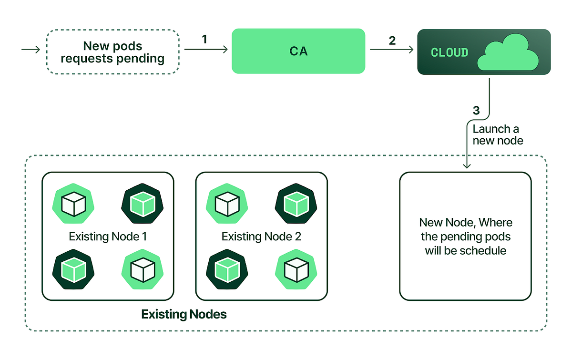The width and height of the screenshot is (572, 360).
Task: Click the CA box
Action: click(298, 51)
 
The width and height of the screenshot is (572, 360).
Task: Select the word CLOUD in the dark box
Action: click(449, 52)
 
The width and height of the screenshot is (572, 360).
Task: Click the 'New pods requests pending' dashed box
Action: click(112, 52)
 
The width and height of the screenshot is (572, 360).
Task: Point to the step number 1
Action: click(204, 39)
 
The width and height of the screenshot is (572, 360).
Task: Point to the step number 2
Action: click(392, 41)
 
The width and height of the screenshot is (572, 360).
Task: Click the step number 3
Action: click(476, 111)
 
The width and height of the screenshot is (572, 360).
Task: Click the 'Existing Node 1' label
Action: click(108, 237)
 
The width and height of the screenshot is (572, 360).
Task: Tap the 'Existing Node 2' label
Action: click(261, 237)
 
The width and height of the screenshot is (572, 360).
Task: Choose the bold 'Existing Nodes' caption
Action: click(184, 314)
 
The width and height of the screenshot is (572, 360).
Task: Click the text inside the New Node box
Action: click(465, 237)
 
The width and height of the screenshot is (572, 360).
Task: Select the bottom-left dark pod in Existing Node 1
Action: click(73, 269)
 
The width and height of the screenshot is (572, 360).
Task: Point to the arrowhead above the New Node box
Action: click(467, 165)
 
